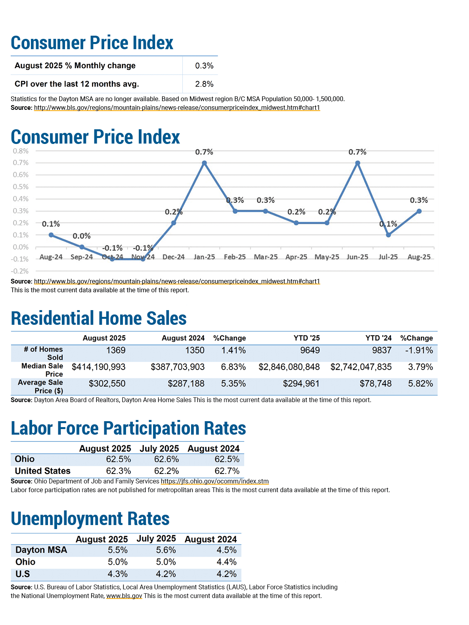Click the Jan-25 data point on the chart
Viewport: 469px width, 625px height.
[x=204, y=163]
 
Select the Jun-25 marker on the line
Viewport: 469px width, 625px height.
[x=358, y=163]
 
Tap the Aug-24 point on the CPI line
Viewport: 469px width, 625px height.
[x=51, y=235]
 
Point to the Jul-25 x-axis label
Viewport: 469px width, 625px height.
[x=388, y=257]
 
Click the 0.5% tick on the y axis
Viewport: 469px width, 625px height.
[x=21, y=187]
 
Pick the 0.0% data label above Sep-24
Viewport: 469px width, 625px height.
[x=81, y=236]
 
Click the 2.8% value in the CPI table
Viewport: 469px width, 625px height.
[x=204, y=84]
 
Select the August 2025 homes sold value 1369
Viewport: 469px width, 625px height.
[x=115, y=350]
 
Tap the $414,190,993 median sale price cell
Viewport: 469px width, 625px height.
[x=98, y=367]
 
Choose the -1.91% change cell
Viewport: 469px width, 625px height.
[x=419, y=350]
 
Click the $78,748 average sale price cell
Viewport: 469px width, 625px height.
[x=375, y=383]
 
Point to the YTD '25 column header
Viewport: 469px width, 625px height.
[x=306, y=338]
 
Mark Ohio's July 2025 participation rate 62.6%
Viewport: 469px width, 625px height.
[x=166, y=459]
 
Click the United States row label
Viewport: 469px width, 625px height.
[x=43, y=471]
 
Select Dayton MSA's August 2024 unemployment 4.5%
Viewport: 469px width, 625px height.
[x=226, y=550]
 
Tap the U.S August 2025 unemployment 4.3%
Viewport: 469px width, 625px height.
[x=117, y=574]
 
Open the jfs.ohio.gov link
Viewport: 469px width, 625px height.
[x=214, y=481]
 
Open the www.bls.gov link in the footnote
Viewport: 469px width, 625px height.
[x=124, y=596]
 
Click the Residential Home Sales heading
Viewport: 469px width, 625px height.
[x=98, y=318]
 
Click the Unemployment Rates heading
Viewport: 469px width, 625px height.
[x=90, y=518]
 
